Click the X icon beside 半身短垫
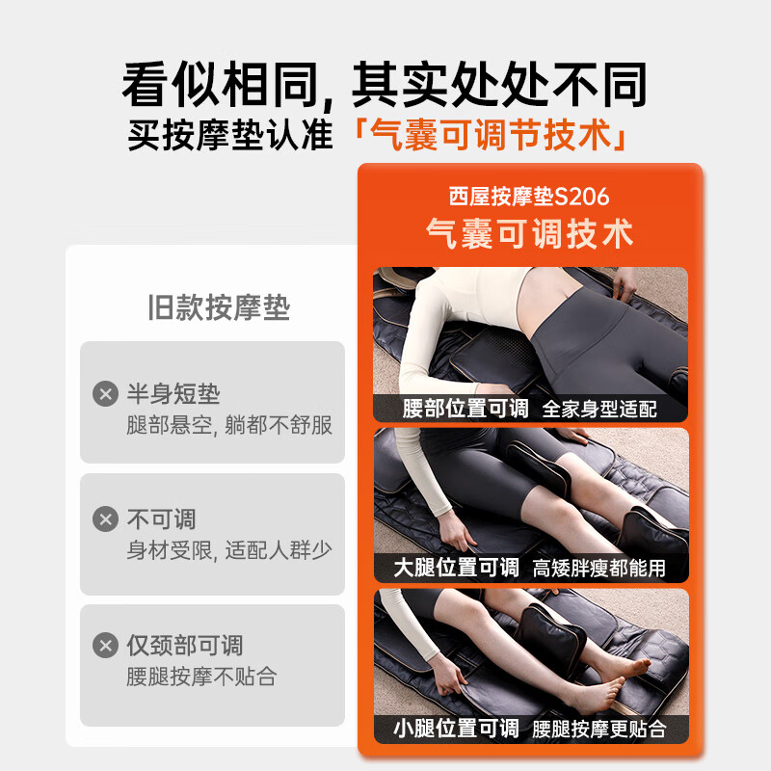105,393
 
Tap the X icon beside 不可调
105,519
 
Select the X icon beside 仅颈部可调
105,646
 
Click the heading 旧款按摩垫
219,307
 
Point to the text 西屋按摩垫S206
529,197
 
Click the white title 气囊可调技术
529,233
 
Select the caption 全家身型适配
599,409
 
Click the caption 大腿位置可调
456,567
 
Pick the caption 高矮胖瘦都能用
599,568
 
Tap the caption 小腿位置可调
456,727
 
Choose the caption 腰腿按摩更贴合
599,728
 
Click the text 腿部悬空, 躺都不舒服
229,425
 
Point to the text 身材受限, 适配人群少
229,550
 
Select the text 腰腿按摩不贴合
201,677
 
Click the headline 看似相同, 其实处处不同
385,85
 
